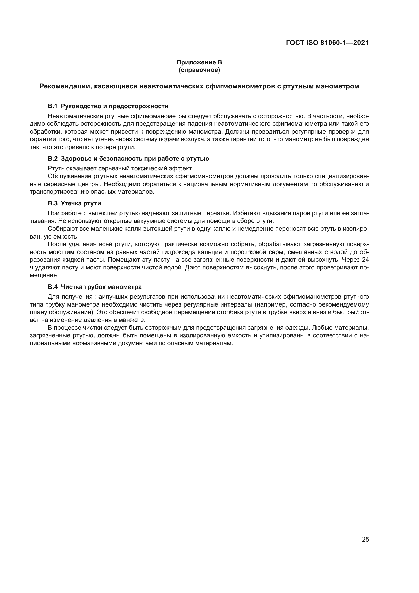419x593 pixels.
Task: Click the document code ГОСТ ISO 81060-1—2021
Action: [327, 43]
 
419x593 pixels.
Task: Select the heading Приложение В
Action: [199, 62]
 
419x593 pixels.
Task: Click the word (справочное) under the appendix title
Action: [199, 70]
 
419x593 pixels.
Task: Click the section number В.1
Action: [53, 106]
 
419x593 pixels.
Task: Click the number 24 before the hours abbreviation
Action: [365, 260]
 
